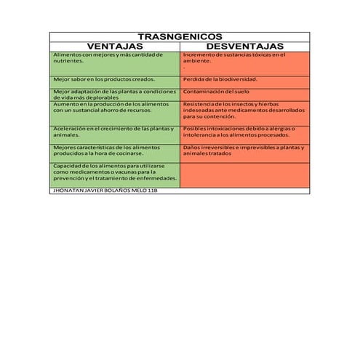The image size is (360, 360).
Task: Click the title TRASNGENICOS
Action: pos(180,36)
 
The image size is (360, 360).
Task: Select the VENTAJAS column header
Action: pos(115,46)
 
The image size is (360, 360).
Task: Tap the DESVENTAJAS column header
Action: pos(244,46)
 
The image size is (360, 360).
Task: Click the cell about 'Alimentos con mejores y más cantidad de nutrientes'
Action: pos(115,58)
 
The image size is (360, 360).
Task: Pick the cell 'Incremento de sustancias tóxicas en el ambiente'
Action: pos(244,58)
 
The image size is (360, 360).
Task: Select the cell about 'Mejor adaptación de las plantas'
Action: pos(115,95)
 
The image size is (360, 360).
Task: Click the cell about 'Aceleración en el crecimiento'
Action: pos(115,132)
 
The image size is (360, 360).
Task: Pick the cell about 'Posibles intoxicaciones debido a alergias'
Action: pos(244,132)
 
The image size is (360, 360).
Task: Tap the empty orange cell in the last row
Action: pos(244,175)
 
